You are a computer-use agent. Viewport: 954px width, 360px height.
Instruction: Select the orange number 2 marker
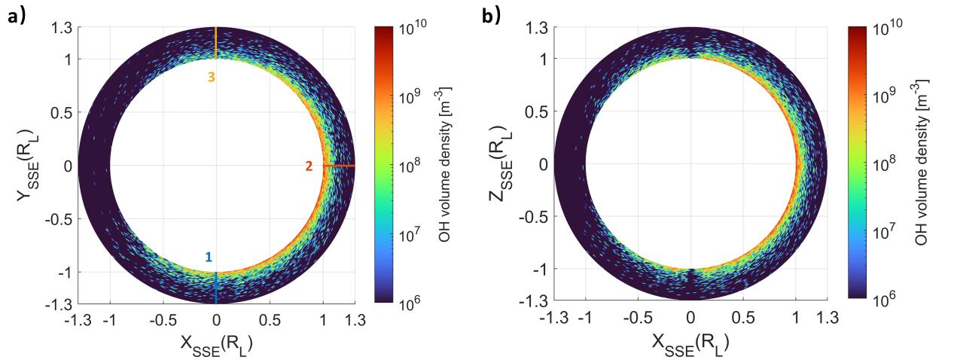[309, 166]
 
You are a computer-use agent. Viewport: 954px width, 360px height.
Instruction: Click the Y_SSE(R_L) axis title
[27, 165]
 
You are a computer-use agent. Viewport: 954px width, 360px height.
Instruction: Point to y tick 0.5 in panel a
[63, 112]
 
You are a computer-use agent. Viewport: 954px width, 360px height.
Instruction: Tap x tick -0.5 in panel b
[635, 317]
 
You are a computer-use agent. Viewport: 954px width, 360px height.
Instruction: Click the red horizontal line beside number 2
[339, 166]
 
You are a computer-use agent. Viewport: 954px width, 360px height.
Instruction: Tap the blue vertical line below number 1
[216, 288]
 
